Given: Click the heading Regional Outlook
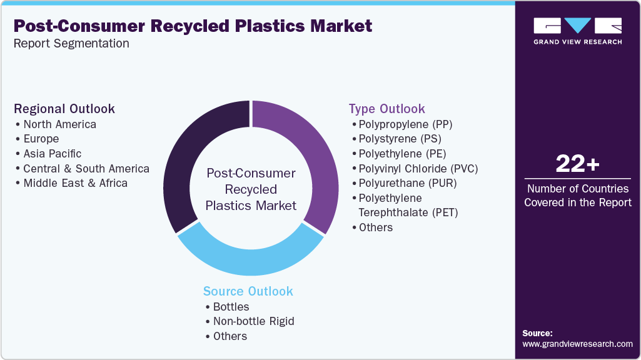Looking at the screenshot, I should (x=64, y=109).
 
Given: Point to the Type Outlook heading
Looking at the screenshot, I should (x=387, y=109).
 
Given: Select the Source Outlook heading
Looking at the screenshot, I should (x=248, y=291).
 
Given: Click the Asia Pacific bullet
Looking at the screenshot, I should (x=53, y=154).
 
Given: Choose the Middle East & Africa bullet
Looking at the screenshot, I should (x=75, y=183).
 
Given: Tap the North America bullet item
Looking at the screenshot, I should (x=59, y=124).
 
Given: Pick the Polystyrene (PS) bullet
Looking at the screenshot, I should (x=400, y=139).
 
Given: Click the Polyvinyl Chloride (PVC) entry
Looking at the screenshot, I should (x=418, y=168).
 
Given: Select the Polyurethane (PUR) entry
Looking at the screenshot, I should (x=408, y=183).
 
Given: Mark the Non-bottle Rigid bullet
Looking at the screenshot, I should (x=253, y=321).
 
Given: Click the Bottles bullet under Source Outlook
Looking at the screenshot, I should (x=231, y=307).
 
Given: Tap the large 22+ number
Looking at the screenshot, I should (x=578, y=164).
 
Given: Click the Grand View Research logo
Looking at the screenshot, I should (x=578, y=31).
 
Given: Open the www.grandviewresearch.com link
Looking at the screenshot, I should (x=577, y=344).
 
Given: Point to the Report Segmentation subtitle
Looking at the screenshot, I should (x=71, y=44).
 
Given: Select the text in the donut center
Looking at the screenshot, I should (x=251, y=189).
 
